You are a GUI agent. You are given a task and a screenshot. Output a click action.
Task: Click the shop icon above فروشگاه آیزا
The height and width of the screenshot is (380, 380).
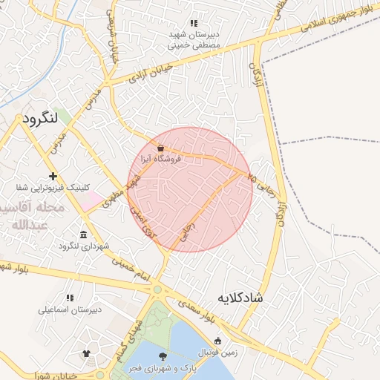pyautogui.click(x=161, y=147)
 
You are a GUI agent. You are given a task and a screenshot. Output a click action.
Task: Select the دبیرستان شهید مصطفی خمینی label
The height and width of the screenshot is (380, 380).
pyautogui.click(x=194, y=39)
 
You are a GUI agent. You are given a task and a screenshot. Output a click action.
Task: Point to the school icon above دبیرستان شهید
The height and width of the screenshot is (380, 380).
pyautogui.click(x=194, y=23)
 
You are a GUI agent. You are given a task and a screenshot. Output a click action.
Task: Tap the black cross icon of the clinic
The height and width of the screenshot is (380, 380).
pyautogui.click(x=53, y=176)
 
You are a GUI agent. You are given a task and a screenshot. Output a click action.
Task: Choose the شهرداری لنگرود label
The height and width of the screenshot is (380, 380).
pyautogui.click(x=83, y=246)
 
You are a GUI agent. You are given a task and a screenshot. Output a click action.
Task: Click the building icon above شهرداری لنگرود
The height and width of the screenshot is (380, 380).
pyautogui.click(x=83, y=235)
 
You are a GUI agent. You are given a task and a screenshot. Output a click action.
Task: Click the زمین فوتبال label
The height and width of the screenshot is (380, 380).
pyautogui.click(x=217, y=353)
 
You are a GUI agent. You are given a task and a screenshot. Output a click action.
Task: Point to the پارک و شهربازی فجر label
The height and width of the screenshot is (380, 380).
pyautogui.click(x=163, y=369)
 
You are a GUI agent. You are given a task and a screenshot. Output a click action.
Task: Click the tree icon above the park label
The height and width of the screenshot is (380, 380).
pyautogui.click(x=163, y=357)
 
